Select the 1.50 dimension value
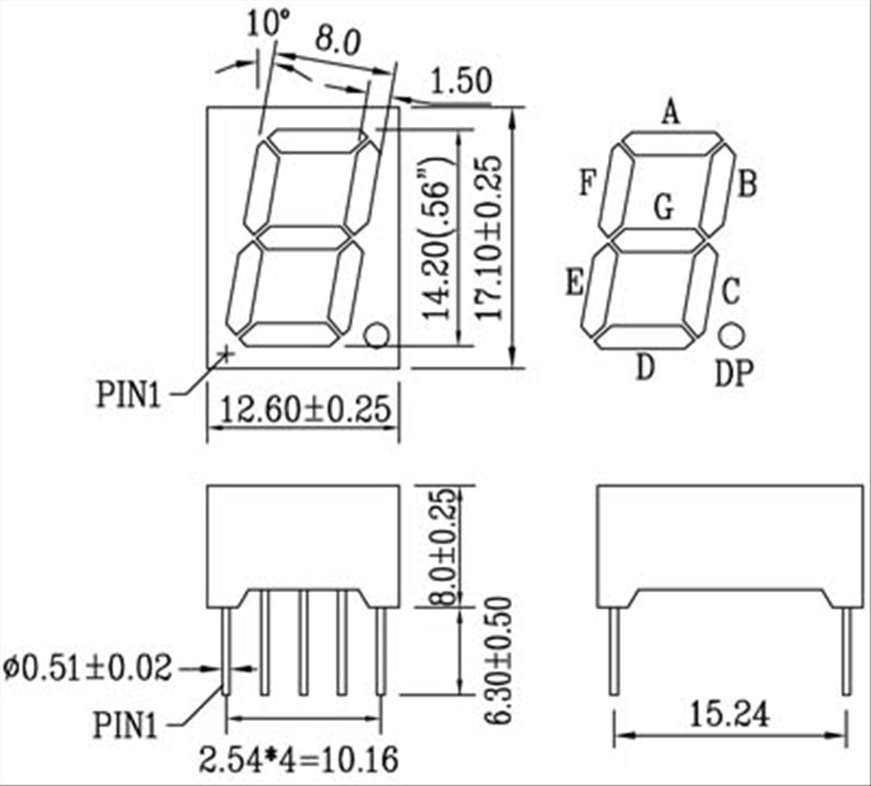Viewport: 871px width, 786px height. [461, 82]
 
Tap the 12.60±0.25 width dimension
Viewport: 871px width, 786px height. [305, 410]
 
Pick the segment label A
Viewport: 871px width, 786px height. [671, 113]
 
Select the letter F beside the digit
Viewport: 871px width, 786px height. [588, 182]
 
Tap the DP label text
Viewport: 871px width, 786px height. [734, 373]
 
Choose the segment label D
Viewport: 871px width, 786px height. [645, 367]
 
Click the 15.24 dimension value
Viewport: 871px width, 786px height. [729, 714]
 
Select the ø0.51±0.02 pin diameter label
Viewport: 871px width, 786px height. [88, 668]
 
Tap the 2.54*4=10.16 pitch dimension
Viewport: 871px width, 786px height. [299, 760]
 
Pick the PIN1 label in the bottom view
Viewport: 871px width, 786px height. [125, 725]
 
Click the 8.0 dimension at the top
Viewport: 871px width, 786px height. [337, 41]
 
